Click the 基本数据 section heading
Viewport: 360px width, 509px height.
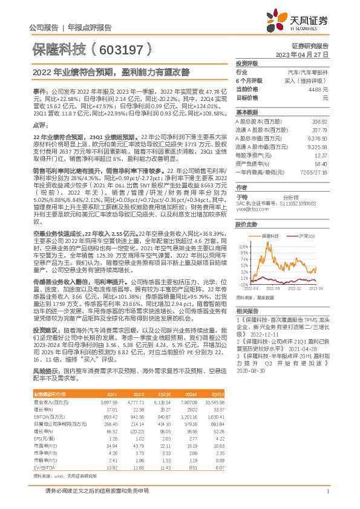246,112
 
